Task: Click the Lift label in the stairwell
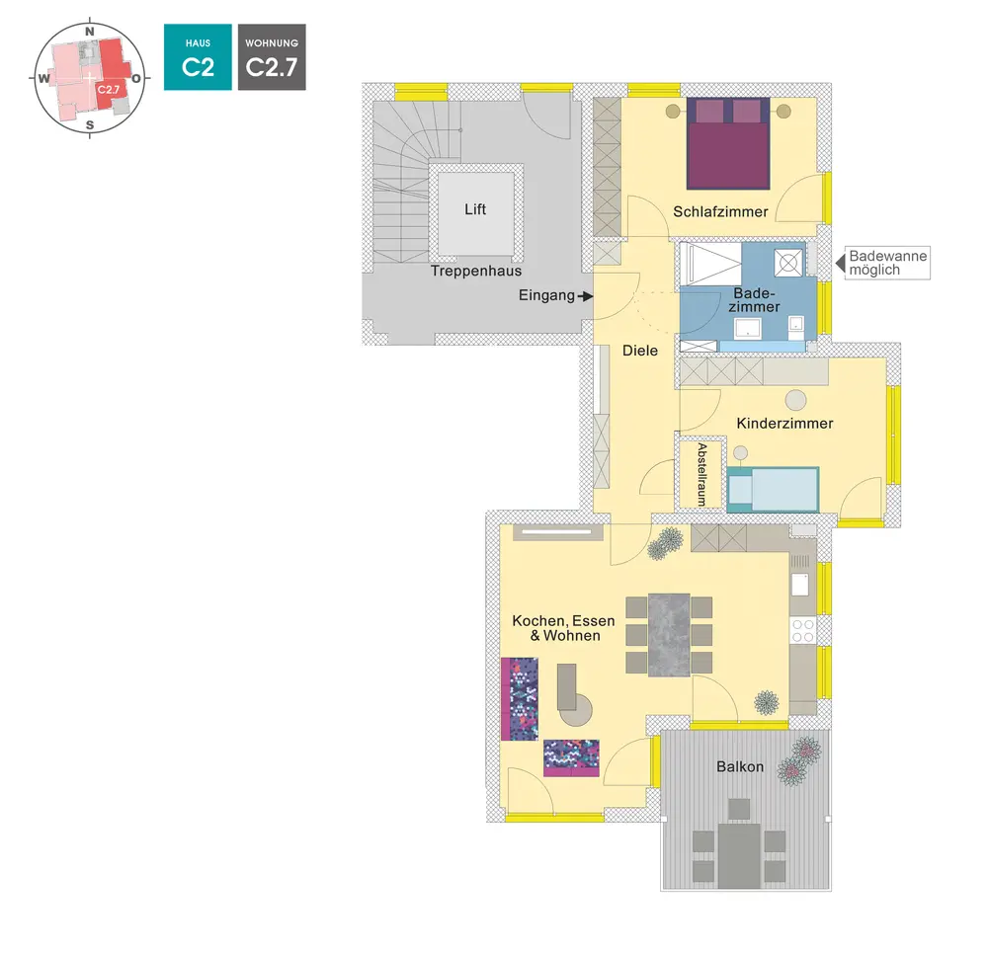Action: tap(475, 210)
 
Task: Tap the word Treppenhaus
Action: tap(475, 271)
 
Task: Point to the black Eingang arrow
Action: tap(587, 295)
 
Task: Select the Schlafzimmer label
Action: tap(720, 211)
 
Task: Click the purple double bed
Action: tap(728, 143)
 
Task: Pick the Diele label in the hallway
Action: tap(640, 351)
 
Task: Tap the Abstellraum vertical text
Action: tap(701, 475)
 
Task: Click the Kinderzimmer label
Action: tap(785, 424)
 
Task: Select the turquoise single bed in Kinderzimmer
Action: tap(774, 489)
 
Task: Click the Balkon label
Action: tap(740, 766)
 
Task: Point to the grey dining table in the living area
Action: tap(669, 634)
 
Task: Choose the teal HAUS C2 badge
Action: tap(198, 58)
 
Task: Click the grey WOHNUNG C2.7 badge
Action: tap(272, 58)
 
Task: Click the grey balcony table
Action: tap(739, 856)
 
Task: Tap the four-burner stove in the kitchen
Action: tap(802, 630)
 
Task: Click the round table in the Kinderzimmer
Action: tap(795, 399)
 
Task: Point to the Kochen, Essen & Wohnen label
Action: tap(564, 628)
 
